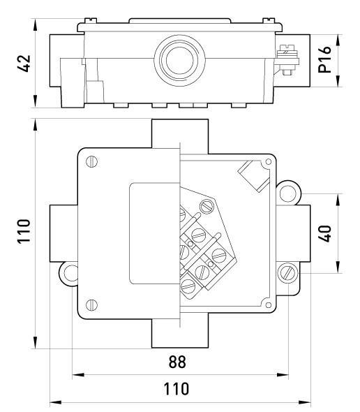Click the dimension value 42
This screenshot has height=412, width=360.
pyautogui.click(x=24, y=64)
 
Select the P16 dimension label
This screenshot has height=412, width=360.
pyautogui.click(x=324, y=59)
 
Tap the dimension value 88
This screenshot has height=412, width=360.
pyautogui.click(x=177, y=362)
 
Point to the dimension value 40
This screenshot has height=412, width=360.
pyautogui.click(x=324, y=233)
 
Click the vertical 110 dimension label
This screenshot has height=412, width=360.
pyautogui.click(x=24, y=231)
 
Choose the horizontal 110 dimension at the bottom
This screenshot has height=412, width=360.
pyautogui.click(x=177, y=389)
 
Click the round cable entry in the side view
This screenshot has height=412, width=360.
pyautogui.click(x=179, y=60)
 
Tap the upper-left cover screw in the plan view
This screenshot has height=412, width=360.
pyautogui.click(x=91, y=161)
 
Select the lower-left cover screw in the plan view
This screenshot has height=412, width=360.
pyautogui.click(x=91, y=304)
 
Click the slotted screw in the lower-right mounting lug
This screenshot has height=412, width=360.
pyautogui.click(x=287, y=273)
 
